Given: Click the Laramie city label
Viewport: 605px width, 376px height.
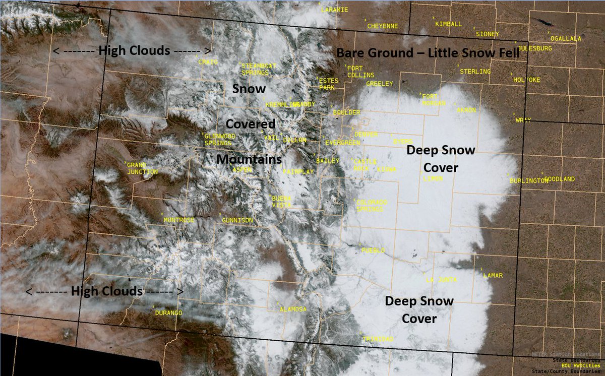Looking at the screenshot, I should click(x=334, y=10).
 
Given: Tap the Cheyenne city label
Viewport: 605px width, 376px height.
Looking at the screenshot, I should click(x=382, y=26).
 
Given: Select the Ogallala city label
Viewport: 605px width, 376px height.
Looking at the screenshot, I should click(x=566, y=38).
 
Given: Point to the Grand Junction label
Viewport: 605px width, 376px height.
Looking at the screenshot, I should click(x=142, y=168).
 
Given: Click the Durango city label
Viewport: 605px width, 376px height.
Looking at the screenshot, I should click(x=168, y=313).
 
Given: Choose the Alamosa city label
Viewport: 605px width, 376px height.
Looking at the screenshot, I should click(x=293, y=309).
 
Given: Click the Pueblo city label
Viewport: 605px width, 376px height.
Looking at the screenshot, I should click(x=374, y=250).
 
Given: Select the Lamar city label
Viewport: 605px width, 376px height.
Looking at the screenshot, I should click(x=493, y=276).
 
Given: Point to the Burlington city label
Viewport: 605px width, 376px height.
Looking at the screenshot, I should click(x=528, y=180).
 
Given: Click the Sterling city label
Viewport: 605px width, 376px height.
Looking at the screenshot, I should click(x=475, y=72).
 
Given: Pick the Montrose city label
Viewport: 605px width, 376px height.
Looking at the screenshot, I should click(x=179, y=220).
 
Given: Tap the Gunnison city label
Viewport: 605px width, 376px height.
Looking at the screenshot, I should click(x=237, y=220).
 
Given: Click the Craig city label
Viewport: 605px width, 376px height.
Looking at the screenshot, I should click(x=208, y=62).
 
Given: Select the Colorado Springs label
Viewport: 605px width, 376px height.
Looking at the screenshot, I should click(x=372, y=206).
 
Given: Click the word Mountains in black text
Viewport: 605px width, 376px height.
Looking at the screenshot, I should click(x=249, y=159).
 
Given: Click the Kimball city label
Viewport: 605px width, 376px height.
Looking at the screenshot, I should click(x=448, y=24).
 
